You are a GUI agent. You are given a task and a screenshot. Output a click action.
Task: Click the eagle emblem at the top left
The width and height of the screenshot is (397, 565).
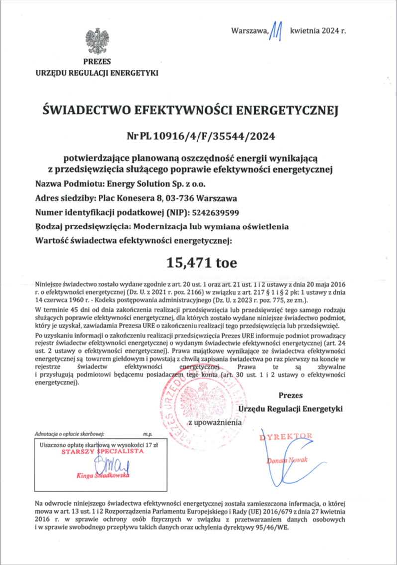pyautogui.click(x=98, y=41)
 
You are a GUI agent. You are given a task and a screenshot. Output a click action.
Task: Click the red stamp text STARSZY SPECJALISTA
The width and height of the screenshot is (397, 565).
pyautogui.click(x=102, y=452)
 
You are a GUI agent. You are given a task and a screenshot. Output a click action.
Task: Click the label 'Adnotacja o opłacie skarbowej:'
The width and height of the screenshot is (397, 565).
pyautogui.click(x=70, y=434)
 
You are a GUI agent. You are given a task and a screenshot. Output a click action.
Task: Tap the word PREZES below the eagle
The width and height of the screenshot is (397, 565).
pyautogui.click(x=98, y=62)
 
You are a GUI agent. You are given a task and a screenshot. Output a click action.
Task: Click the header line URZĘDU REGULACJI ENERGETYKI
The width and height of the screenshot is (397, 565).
pyautogui.click(x=98, y=73)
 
